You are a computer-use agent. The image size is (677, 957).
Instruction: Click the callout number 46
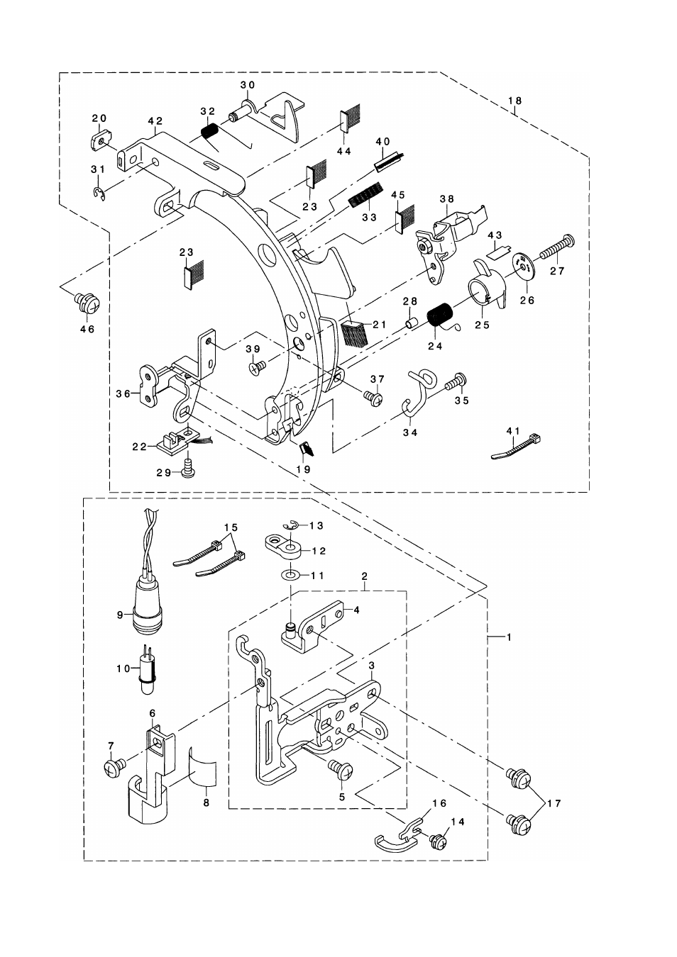click(89, 329)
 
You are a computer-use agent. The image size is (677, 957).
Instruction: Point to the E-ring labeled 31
click(99, 193)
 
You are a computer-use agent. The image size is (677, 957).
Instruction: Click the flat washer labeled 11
click(291, 576)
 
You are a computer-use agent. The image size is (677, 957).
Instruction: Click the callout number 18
click(515, 101)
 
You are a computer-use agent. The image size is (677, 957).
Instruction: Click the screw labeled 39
click(257, 366)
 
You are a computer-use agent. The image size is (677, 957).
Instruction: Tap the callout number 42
click(155, 121)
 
